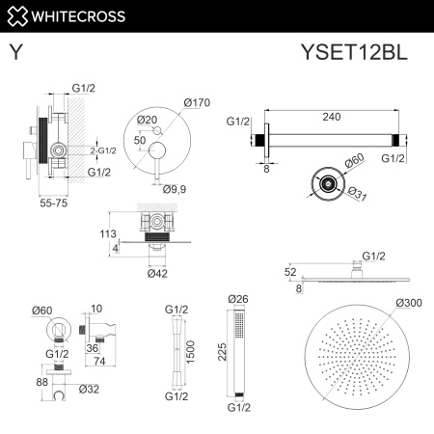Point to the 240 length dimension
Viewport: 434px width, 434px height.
334,116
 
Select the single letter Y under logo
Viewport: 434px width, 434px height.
16,54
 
